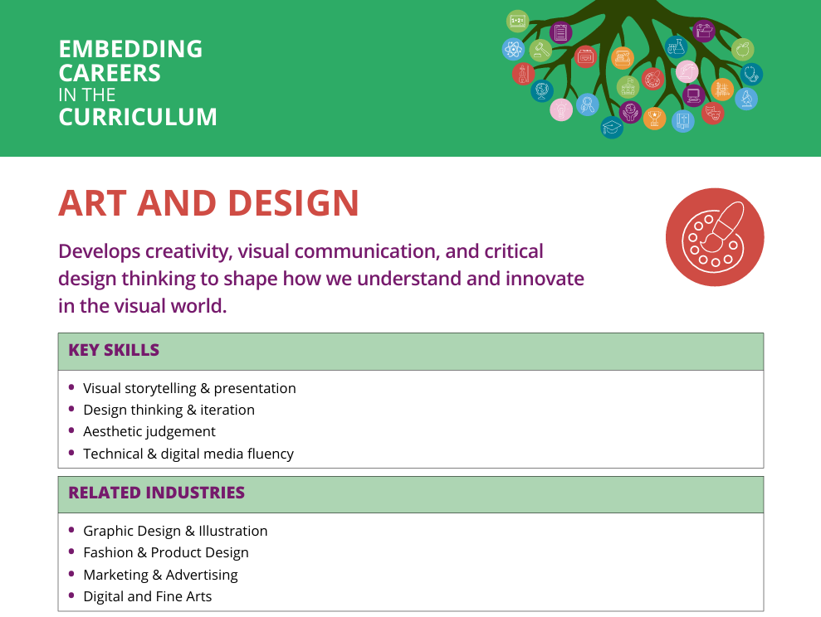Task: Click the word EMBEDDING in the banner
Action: click(x=130, y=49)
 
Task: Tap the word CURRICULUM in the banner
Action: click(x=138, y=117)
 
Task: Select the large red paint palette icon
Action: click(x=715, y=237)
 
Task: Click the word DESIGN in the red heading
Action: click(x=294, y=203)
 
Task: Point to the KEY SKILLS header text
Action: click(x=114, y=350)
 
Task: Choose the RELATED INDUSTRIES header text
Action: click(x=157, y=493)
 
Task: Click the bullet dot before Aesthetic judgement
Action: click(x=71, y=430)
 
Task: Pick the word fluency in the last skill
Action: click(x=270, y=454)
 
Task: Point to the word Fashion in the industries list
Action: click(x=109, y=552)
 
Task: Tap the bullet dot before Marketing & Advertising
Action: click(x=71, y=574)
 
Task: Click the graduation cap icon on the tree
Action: click(x=612, y=127)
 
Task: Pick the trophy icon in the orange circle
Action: click(x=654, y=118)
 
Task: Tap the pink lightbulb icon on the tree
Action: click(x=561, y=109)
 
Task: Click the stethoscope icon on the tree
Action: click(x=751, y=74)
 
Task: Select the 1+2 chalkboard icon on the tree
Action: click(x=517, y=21)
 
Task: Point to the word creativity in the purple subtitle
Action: click(x=187, y=251)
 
